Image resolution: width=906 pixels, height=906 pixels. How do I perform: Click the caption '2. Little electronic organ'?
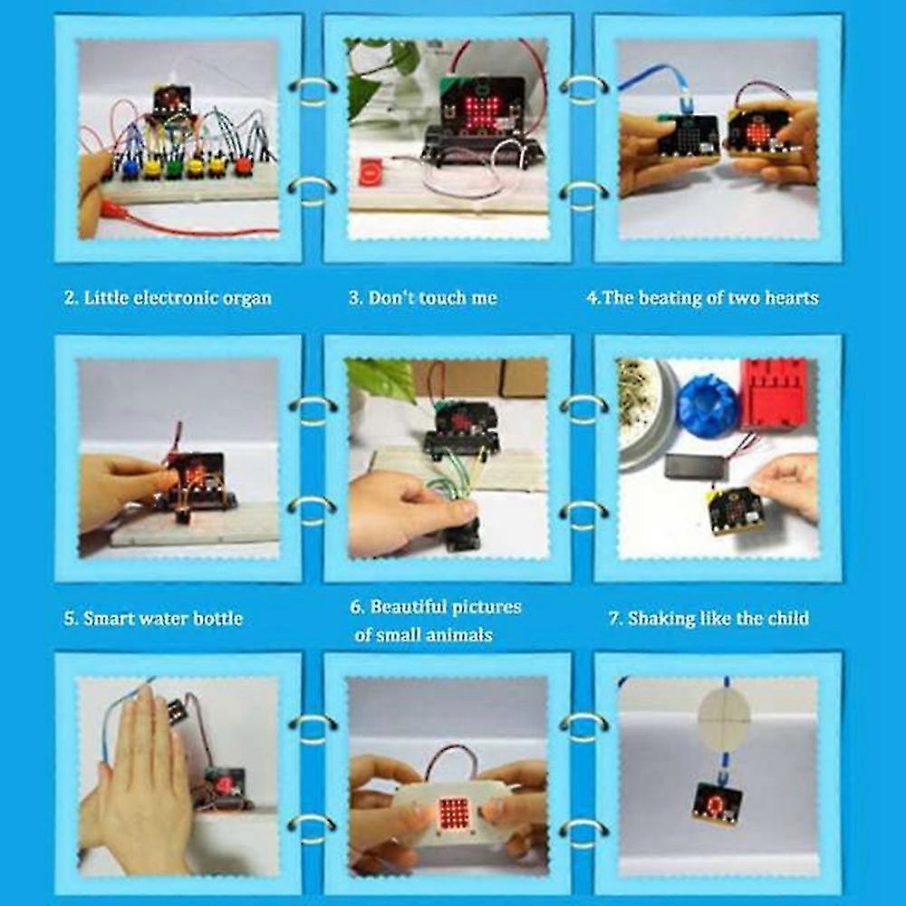(x=168, y=298)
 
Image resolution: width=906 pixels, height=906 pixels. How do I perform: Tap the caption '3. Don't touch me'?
(x=423, y=298)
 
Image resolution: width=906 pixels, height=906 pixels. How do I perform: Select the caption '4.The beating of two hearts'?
(x=703, y=298)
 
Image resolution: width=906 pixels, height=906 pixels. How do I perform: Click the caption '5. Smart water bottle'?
(x=153, y=619)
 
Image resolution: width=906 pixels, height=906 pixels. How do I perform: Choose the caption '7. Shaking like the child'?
(x=708, y=619)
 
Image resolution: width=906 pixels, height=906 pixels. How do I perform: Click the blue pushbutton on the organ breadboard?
(x=130, y=169)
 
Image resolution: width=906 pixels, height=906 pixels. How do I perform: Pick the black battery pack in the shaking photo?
(x=695, y=465)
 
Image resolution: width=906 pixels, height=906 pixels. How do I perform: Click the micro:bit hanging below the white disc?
(x=717, y=802)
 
